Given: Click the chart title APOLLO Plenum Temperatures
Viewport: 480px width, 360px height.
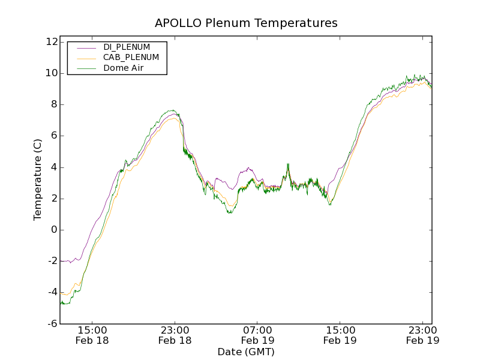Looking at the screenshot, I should tap(246, 23).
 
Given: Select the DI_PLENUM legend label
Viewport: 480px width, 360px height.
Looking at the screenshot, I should tap(127, 47).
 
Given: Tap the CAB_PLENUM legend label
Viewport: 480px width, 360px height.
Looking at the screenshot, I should tap(131, 58).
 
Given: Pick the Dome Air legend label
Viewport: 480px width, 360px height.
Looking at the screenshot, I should tap(124, 68).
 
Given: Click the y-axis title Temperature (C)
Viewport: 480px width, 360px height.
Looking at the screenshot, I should tap(38, 179).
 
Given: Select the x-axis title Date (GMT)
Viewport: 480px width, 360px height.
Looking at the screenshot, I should tap(246, 352).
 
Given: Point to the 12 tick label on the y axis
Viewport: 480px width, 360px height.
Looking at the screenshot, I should tap(50, 42).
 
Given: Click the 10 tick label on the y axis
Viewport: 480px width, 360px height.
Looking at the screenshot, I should tap(50, 73).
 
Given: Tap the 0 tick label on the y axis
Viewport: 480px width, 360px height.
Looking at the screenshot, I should tap(53, 230).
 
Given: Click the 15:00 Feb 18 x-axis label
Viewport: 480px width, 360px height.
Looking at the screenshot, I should tap(92, 335).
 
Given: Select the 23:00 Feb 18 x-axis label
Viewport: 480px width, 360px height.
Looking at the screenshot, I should tap(175, 335).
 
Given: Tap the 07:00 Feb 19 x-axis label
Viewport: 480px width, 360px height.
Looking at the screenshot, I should tap(257, 335).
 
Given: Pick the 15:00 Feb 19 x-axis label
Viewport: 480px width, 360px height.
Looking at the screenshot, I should tap(340, 335).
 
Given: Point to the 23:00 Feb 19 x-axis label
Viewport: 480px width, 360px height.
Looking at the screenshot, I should tap(422, 335).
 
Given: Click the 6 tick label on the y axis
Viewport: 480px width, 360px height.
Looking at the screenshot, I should tap(53, 136).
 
